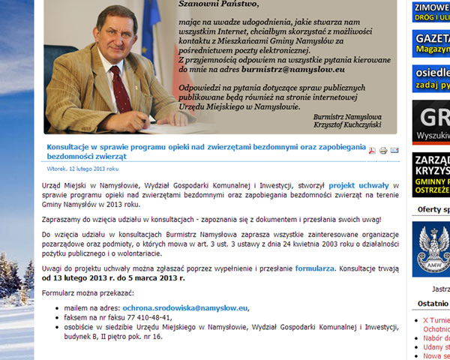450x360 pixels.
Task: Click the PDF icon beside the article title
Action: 370,151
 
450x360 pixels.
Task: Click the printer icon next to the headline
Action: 382,151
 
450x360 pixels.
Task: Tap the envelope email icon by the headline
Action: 394,151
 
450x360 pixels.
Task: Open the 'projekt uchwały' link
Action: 358,184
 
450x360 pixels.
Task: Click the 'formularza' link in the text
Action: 315,267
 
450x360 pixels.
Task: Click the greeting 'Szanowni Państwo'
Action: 218,4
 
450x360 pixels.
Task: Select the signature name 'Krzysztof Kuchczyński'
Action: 348,124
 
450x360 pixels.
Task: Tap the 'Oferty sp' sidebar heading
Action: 433,209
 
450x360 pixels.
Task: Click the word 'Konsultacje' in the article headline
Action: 72,147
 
